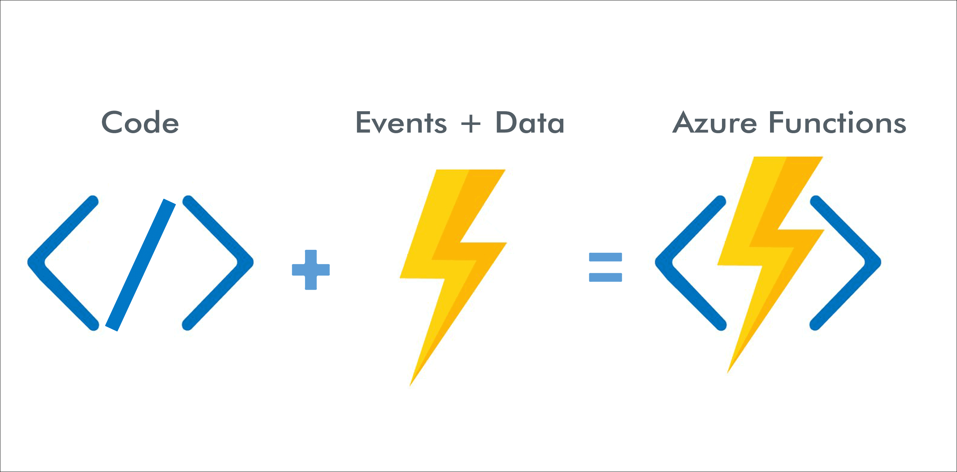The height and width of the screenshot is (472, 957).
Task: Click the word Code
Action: pyautogui.click(x=140, y=122)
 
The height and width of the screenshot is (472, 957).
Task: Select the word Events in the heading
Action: pyautogui.click(x=401, y=122)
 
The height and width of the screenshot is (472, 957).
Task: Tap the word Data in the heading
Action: pyautogui.click(x=530, y=122)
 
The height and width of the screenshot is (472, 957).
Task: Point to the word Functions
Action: pyautogui.click(x=838, y=122)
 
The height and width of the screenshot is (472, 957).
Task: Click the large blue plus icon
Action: pyautogui.click(x=311, y=270)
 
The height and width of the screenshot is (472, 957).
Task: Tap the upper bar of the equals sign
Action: pyautogui.click(x=605, y=257)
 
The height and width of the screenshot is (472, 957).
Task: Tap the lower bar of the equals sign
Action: pyautogui.click(x=605, y=277)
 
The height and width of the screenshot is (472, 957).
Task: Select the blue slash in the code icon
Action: pyautogui.click(x=140, y=265)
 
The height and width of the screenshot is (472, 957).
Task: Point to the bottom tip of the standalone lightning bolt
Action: pyautogui.click(x=411, y=384)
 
